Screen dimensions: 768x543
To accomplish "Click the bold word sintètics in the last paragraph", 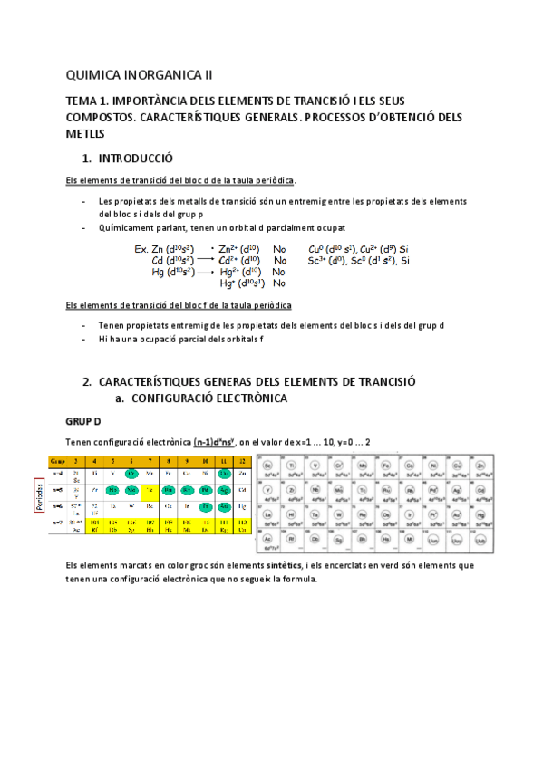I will [x=282, y=564].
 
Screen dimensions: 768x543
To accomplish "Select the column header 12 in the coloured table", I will [x=240, y=461].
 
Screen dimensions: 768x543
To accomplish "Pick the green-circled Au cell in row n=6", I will [x=223, y=508].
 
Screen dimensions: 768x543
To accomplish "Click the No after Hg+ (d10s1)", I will [x=279, y=283].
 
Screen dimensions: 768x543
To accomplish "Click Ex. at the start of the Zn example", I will [x=141, y=248].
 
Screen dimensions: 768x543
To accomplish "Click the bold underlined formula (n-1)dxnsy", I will [x=216, y=441].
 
